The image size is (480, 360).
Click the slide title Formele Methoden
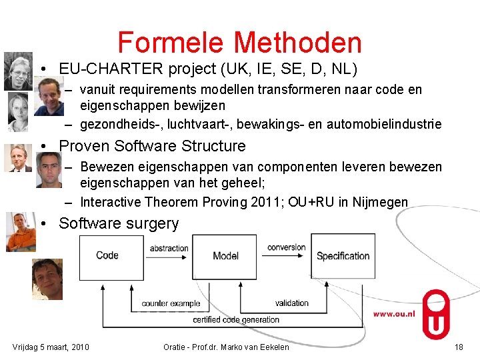click(239, 43)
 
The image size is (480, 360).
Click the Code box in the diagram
click(107, 255)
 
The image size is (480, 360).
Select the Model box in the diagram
click(225, 255)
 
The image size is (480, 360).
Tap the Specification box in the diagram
click(343, 256)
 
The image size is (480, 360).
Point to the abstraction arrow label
click(169, 248)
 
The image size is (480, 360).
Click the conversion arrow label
click(286, 247)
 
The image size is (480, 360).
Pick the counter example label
click(171, 303)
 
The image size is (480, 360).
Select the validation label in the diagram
click(291, 303)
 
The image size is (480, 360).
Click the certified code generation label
click(236, 320)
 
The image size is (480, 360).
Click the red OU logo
click(436, 314)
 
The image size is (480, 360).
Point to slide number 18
click(458, 347)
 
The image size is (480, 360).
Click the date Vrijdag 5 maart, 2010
click(51, 347)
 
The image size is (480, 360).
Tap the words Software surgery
click(119, 223)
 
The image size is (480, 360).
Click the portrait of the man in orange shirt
click(20, 231)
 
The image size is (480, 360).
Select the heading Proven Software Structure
click(152, 146)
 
